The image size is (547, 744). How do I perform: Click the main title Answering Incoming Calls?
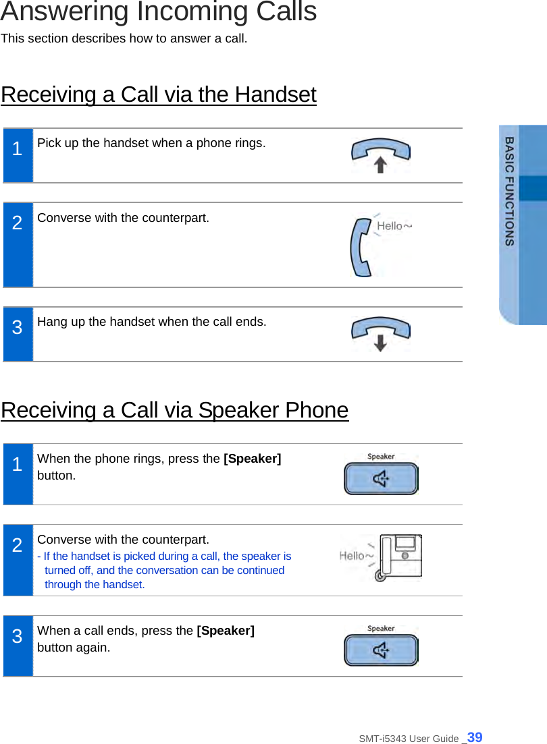click(x=159, y=12)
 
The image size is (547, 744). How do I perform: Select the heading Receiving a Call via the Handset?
click(x=159, y=94)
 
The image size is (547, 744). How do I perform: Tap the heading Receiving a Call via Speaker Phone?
click(x=175, y=410)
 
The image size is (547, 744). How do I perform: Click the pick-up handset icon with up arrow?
click(x=381, y=155)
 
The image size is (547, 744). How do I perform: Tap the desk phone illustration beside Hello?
click(x=400, y=557)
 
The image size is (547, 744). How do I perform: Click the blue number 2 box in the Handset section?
click(x=18, y=245)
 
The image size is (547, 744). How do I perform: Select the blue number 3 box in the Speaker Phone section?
click(x=18, y=646)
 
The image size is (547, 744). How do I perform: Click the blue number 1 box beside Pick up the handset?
click(x=18, y=156)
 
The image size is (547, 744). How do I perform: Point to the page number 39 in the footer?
click(x=475, y=737)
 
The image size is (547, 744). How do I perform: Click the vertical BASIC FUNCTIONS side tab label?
click(x=510, y=191)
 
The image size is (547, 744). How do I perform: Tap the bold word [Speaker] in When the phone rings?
click(x=252, y=459)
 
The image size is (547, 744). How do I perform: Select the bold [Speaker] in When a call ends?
click(x=226, y=631)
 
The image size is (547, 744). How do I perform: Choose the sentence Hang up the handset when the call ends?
click(x=151, y=322)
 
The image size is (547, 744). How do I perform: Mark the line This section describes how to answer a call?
click(x=124, y=38)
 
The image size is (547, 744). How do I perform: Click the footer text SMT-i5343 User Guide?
click(x=409, y=739)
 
